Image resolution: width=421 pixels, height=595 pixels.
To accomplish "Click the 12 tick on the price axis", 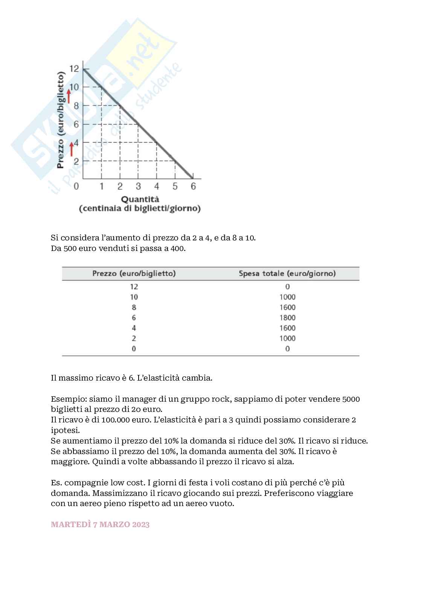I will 74,69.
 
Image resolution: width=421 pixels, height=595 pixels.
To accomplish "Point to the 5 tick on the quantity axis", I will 175,186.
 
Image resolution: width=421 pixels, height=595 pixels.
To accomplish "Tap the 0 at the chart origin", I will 76,186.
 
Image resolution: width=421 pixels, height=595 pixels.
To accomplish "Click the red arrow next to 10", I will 69,96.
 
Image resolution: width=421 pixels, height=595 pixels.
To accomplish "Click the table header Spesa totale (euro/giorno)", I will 287,274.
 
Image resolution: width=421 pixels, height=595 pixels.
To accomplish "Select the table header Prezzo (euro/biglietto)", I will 134,274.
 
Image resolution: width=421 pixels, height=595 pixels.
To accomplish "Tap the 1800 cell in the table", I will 287,318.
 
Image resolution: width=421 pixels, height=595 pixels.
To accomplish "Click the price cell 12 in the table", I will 134,287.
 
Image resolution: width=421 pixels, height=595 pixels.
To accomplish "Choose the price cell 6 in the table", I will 134,318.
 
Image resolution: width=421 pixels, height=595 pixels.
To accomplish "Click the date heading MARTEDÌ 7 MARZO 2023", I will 100,525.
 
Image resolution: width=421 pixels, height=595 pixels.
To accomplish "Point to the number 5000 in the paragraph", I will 351,399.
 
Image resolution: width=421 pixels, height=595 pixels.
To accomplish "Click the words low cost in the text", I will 125,483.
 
